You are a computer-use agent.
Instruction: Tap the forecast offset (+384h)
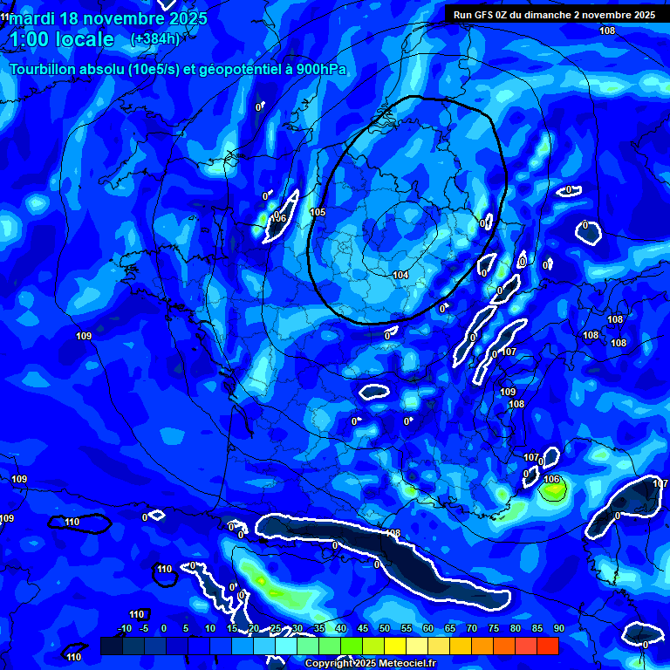[x=155, y=39]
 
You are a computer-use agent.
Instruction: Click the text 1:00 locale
[x=61, y=39]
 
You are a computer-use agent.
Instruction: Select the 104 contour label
[x=400, y=275]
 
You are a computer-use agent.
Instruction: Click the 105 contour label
[x=318, y=212]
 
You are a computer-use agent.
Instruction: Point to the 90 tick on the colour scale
[x=558, y=628]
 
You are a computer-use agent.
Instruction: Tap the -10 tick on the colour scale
[x=124, y=628]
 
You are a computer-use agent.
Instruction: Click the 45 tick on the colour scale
[x=362, y=628]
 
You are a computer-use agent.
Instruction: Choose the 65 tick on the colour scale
[x=449, y=628]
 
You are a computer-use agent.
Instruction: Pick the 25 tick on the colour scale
[x=275, y=628]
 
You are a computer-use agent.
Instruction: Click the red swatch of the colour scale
[x=548, y=646]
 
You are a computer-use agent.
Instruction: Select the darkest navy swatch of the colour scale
[x=112, y=646]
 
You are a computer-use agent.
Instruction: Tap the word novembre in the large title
[x=126, y=18]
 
